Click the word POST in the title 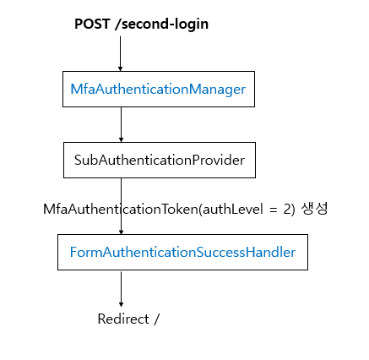tap(92, 25)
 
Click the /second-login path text tap(161, 25)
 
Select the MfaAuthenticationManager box tap(158, 90)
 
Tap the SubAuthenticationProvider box tap(159, 160)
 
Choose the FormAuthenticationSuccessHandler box tap(182, 252)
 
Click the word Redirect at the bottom tap(123, 319)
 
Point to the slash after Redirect tap(157, 319)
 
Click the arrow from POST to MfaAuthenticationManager tap(121, 52)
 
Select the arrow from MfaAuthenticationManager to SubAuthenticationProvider tap(121, 123)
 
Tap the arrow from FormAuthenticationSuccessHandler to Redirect tap(121, 287)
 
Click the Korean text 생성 tap(315, 209)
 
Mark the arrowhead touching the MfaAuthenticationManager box tap(121, 68)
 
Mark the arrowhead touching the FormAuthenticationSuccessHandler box tap(121, 232)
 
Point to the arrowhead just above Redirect tap(121, 303)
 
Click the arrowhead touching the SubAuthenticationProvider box tap(121, 139)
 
